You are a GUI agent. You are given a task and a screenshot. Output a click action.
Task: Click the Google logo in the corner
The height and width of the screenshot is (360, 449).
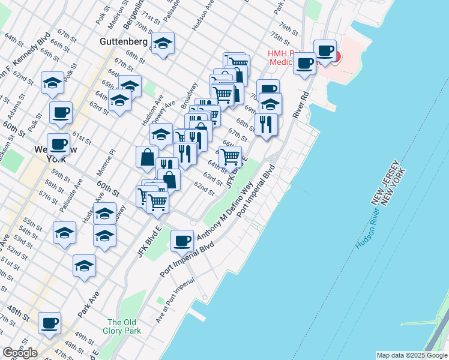click(20, 352)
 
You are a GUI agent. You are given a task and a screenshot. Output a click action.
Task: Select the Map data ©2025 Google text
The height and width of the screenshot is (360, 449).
click(412, 355)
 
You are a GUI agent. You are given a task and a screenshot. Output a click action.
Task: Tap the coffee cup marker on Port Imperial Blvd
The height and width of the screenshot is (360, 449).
click(182, 241)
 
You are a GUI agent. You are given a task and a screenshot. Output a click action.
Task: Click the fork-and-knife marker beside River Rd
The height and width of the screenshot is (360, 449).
click(266, 124)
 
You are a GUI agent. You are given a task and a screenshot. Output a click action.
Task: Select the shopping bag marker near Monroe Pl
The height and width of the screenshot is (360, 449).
click(147, 157)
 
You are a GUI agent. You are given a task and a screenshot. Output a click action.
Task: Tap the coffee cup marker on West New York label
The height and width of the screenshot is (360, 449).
click(58, 144)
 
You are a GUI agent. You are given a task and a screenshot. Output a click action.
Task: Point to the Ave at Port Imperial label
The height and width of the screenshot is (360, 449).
click(175, 300)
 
